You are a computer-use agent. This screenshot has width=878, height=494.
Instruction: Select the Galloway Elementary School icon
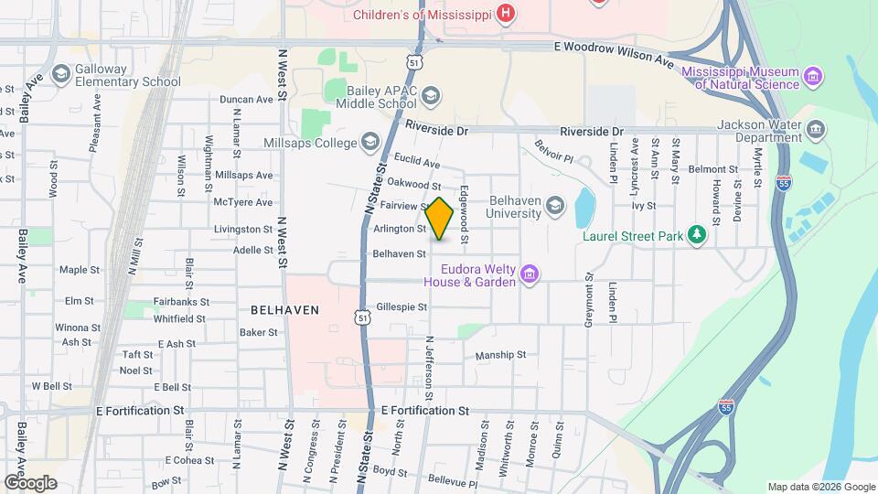[61, 73]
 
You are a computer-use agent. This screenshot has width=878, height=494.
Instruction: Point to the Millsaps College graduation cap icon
[369, 141]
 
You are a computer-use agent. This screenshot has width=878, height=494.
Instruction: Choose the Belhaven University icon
[554, 207]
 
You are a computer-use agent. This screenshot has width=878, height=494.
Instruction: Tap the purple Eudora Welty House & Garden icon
[529, 274]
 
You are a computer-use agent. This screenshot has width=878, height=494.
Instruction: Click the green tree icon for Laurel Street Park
[698, 236]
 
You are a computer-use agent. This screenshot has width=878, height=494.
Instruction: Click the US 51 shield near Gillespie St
[363, 317]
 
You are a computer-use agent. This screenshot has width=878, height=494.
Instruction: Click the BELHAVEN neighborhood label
[284, 310]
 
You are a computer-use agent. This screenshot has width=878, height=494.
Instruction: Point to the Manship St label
[500, 355]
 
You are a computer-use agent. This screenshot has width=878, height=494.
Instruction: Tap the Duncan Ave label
[246, 100]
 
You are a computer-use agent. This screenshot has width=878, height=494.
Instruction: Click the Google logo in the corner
[31, 482]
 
